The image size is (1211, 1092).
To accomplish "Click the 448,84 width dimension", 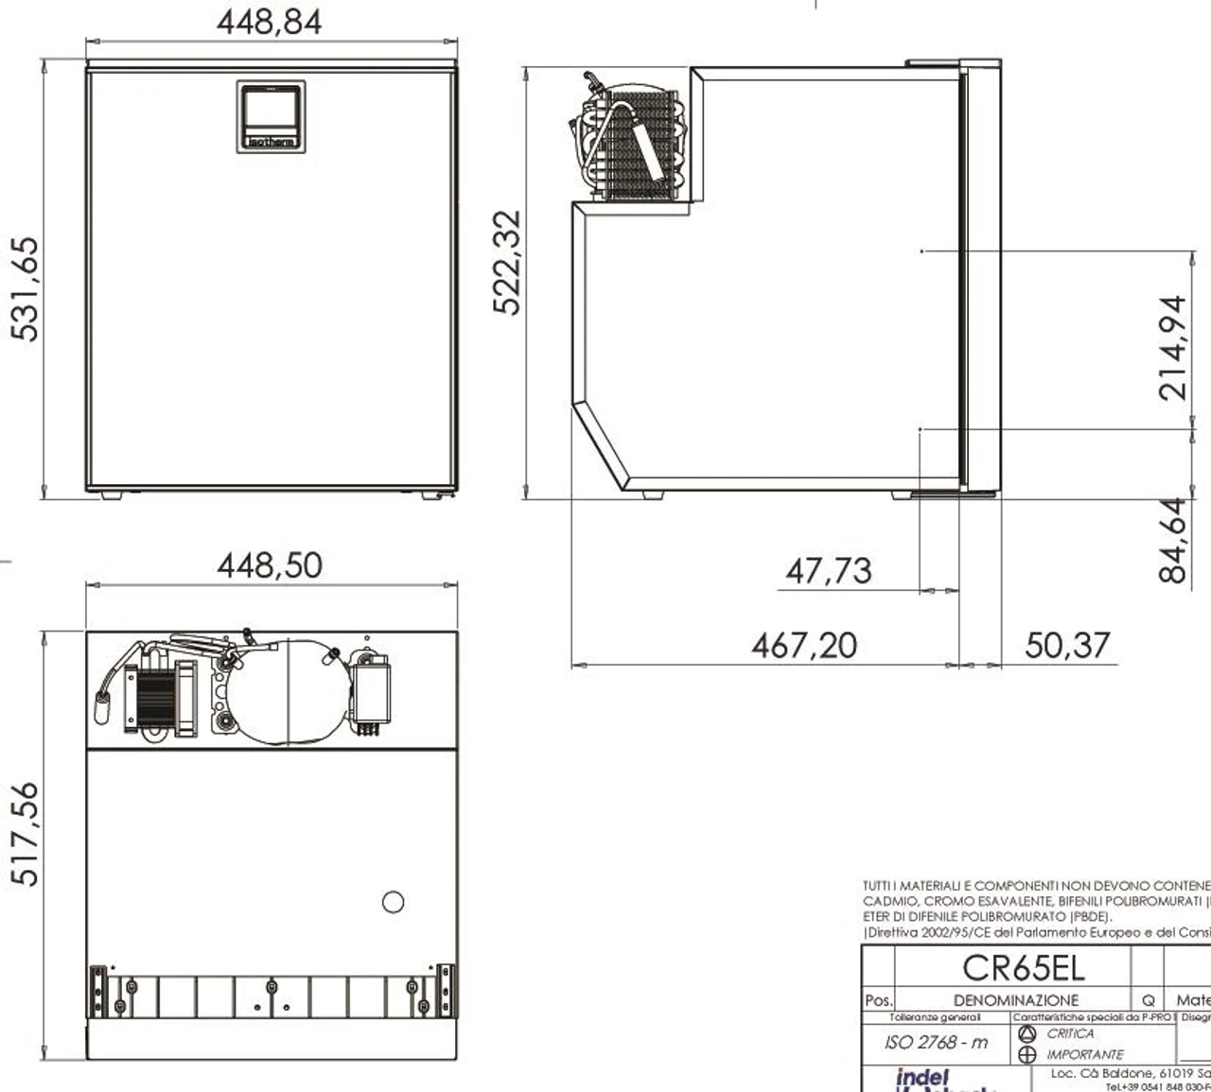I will pyautogui.click(x=270, y=22).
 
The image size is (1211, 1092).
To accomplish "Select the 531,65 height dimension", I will pyautogui.click(x=26, y=287).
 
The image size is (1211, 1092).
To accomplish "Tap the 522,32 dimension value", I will pyautogui.click(x=507, y=262).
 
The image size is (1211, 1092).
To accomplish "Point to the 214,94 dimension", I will pyautogui.click(x=1172, y=347).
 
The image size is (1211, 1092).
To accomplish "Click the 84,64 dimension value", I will pyautogui.click(x=1172, y=540).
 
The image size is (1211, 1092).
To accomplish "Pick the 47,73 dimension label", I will pyautogui.click(x=828, y=571).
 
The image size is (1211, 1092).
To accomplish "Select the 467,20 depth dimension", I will pyautogui.click(x=804, y=646).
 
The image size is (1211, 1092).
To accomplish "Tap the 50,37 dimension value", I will pyautogui.click(x=1066, y=646).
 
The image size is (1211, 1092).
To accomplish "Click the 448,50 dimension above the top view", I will pyautogui.click(x=270, y=565).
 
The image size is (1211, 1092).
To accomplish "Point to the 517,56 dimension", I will pyautogui.click(x=26, y=833).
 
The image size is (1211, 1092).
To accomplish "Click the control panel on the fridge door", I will pyautogui.click(x=271, y=115).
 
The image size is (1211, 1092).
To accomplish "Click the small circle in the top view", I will pyautogui.click(x=393, y=902).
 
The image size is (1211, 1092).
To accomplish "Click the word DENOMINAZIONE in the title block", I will pyautogui.click(x=1015, y=999).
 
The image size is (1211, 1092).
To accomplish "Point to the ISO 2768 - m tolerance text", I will pyautogui.click(x=936, y=1042).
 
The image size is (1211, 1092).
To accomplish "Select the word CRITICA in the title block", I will pyautogui.click(x=1070, y=1033).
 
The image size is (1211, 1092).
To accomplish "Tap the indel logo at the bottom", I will pyautogui.click(x=921, y=1078).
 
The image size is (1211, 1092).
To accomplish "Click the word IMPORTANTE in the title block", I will pyautogui.click(x=1084, y=1054).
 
